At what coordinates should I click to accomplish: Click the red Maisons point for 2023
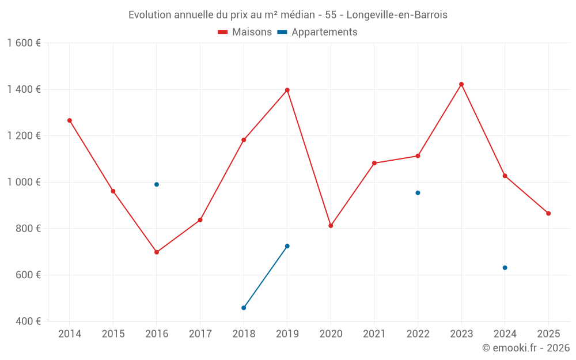[x=461, y=84]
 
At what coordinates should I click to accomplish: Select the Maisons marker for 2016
[x=157, y=252]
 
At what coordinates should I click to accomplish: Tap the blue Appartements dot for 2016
[x=157, y=184]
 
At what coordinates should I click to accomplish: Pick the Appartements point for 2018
[x=244, y=308]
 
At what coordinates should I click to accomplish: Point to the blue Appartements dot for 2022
[x=418, y=193]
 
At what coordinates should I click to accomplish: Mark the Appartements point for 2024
[x=505, y=268]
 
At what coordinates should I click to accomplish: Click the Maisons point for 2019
[x=287, y=90]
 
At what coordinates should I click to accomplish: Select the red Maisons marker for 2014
[x=70, y=120]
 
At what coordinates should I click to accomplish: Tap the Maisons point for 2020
[x=331, y=226]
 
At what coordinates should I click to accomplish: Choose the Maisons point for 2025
[x=548, y=214]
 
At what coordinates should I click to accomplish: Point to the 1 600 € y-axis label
[x=24, y=43]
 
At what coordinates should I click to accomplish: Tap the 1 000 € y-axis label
[x=24, y=182]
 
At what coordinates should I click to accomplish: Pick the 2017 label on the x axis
[x=200, y=334]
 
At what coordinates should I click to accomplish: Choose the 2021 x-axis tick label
[x=374, y=334]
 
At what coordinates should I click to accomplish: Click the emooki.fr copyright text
[x=525, y=348]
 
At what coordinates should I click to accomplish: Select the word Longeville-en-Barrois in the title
[x=397, y=15]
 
